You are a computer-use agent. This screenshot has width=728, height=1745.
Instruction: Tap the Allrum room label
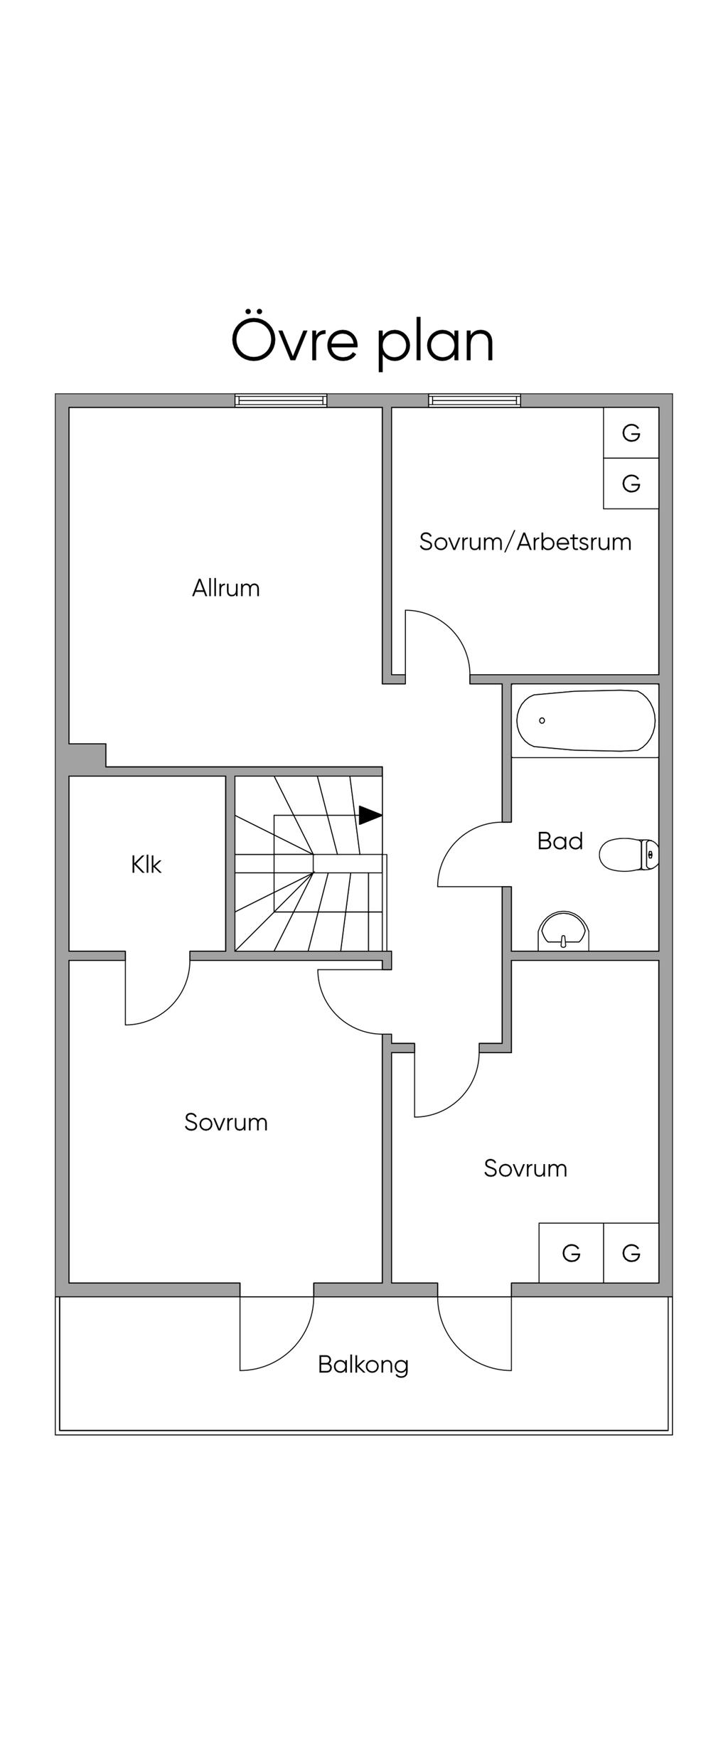(226, 588)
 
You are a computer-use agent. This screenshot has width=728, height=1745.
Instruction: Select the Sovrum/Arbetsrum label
(525, 542)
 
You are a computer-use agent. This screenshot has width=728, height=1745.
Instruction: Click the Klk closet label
(146, 865)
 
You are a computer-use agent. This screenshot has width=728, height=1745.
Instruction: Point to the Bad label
(560, 841)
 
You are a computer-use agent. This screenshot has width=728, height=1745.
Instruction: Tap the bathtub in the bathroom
(586, 720)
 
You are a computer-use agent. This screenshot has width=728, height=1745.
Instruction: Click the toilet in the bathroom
(629, 854)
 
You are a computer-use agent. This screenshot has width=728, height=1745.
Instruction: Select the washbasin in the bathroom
(564, 932)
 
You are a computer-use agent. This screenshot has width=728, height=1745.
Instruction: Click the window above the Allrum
(282, 400)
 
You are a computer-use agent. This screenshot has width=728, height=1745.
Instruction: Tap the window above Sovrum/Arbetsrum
(475, 400)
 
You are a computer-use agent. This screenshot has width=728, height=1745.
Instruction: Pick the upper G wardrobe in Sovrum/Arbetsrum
(631, 432)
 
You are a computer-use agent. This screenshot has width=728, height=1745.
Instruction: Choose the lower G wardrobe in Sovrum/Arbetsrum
(631, 484)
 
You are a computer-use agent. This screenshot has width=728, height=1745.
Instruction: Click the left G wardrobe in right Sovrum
(571, 1253)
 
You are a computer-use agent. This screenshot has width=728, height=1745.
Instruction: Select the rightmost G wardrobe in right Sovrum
(631, 1253)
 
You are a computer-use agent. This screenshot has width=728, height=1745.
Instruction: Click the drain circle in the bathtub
(542, 720)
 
